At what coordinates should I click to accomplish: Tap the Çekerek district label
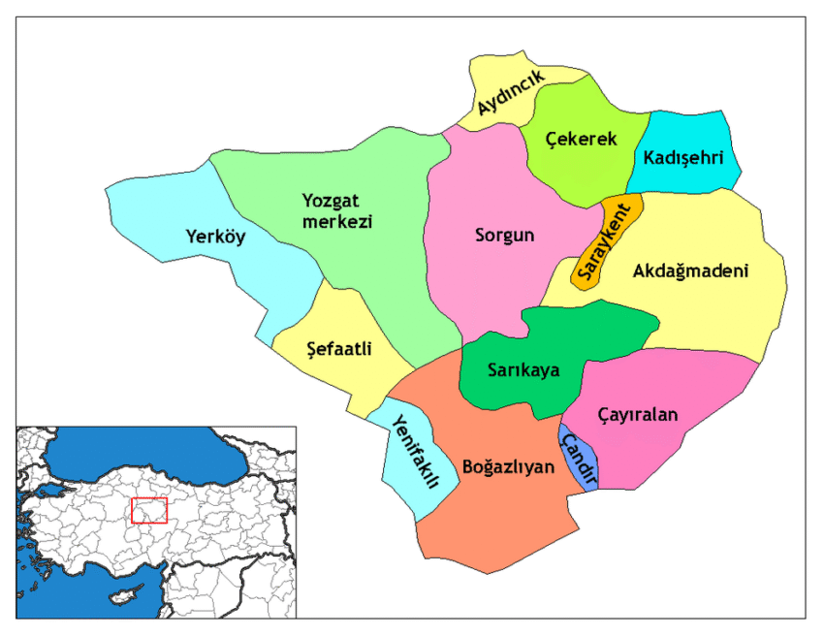581,140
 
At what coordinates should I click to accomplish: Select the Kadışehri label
682,156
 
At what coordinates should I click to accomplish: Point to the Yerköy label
216,237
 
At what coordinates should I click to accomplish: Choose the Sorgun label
505,235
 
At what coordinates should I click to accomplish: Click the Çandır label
578,459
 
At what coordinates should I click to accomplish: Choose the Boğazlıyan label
508,466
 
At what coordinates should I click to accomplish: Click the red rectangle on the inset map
149,511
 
